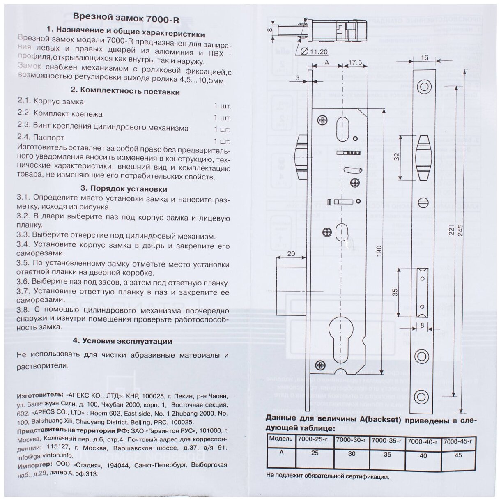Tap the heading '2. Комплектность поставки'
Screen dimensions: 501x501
coord(125,91)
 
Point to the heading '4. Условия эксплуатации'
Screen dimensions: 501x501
coord(122,341)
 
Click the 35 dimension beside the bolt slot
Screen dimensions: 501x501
coord(395,292)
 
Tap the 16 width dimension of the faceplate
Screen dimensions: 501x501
coord(424,57)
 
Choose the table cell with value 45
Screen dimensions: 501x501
coord(459,455)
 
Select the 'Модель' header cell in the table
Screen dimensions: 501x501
coord(280,438)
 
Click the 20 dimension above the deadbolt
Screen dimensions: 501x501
coord(291,254)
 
